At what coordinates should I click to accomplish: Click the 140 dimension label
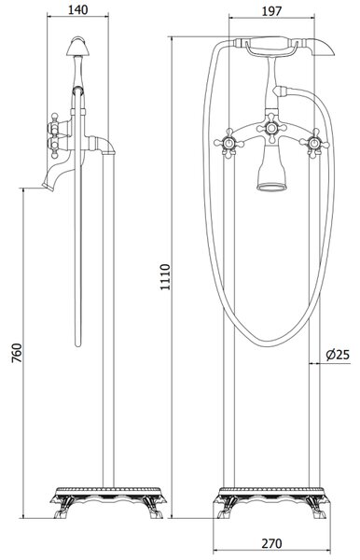point(77,9)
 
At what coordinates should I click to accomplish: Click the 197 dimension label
point(271,11)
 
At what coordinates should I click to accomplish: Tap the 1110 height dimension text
point(165,277)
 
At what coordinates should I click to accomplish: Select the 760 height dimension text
point(17,353)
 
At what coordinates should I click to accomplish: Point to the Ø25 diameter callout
point(338,355)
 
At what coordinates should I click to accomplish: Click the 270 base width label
point(271,543)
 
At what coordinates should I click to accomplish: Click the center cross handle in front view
point(271,128)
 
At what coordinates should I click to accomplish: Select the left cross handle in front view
point(228,144)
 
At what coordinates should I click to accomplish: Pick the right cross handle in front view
point(314,144)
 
